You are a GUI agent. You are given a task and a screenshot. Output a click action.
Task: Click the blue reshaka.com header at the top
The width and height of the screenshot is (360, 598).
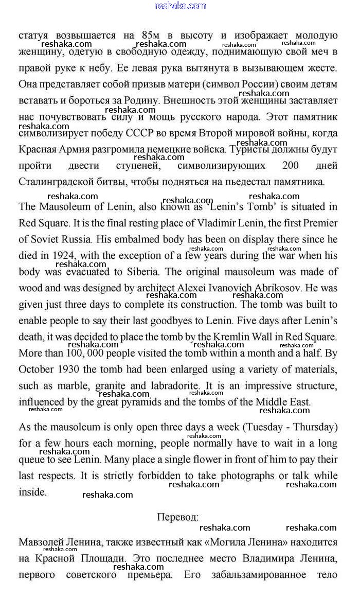point(180,6)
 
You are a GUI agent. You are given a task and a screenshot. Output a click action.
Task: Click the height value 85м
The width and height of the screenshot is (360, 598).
point(150,36)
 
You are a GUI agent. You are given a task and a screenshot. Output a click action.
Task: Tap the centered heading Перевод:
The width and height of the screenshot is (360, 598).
point(178,517)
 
